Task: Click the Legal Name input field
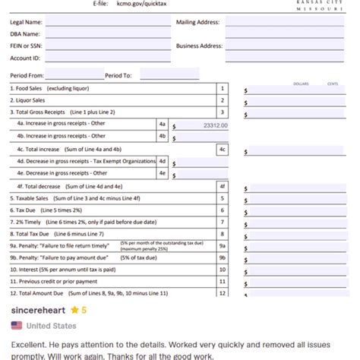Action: coord(108,22)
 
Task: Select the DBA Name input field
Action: coord(108,34)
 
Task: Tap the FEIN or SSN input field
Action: coord(108,46)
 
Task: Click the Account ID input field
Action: coord(108,58)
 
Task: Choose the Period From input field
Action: coord(74,75)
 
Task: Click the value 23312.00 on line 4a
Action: coord(216,125)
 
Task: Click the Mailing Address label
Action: coord(197,22)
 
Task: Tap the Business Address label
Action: coord(199,46)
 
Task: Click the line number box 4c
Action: coord(222,150)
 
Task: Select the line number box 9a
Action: coord(222,246)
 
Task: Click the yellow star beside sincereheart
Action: coord(74,311)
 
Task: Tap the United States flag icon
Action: coord(17,326)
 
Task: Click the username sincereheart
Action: coord(37,311)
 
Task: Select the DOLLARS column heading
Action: coord(301,84)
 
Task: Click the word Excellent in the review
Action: coord(28,344)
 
